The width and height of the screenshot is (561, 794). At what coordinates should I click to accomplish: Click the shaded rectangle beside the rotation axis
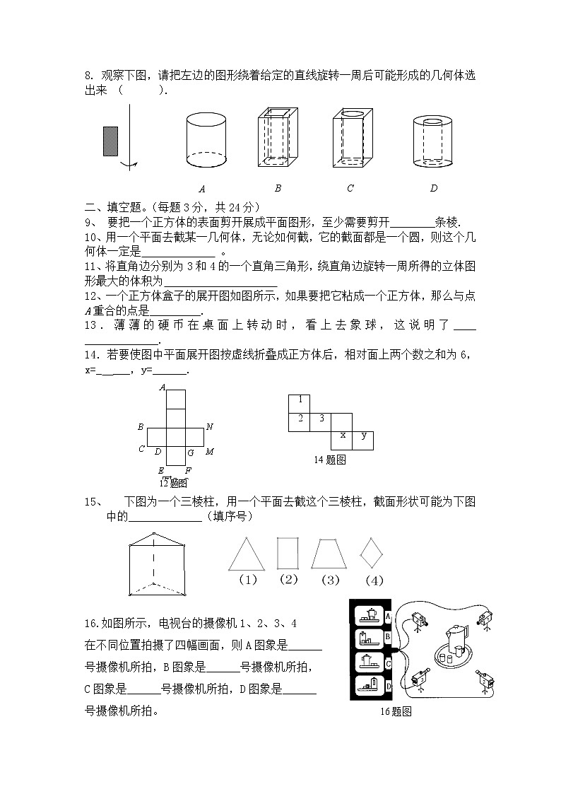111,140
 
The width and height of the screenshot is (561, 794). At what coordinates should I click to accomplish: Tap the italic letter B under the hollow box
278,188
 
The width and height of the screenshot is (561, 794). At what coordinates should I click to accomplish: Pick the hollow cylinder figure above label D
434,141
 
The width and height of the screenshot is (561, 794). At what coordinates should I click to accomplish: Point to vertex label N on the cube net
210,426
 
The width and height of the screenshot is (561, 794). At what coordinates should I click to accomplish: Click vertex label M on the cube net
210,452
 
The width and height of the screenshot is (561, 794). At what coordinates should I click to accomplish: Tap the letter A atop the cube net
163,387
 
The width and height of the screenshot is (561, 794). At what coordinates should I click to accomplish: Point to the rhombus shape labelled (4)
372,552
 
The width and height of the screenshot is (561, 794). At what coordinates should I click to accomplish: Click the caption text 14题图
329,460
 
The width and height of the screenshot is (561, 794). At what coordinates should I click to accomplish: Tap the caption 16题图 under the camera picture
396,712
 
